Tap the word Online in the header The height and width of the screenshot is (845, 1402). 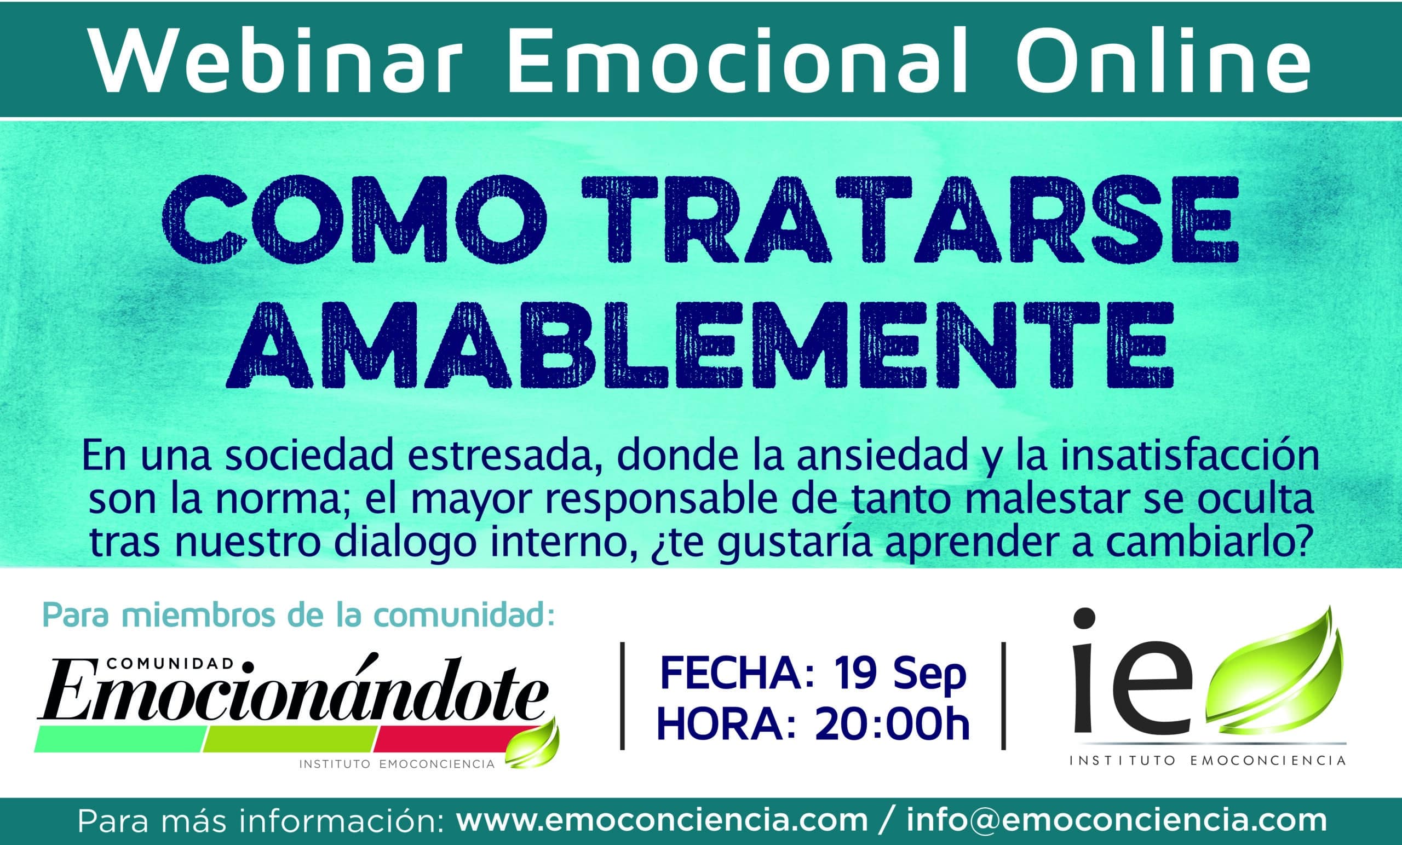click(1168, 60)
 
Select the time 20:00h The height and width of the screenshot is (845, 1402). click(892, 725)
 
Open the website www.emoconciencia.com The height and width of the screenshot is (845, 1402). click(662, 821)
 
